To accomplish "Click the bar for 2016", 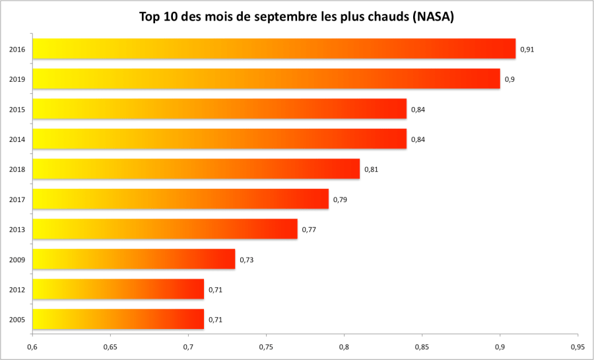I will click(x=274, y=49).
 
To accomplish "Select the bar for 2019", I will click(x=266, y=79).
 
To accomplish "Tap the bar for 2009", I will click(x=133, y=259).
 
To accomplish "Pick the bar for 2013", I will click(x=165, y=229).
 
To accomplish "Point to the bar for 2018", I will click(x=196, y=169).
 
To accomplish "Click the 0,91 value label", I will click(x=527, y=50).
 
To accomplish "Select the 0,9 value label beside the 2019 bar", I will click(x=510, y=79).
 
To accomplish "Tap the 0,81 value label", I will click(x=371, y=170).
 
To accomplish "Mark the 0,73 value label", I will click(x=246, y=260).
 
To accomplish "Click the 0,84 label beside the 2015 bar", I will click(x=418, y=110).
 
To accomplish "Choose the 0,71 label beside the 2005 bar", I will click(x=215, y=320).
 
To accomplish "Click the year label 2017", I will click(x=17, y=199).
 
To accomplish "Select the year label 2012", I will click(x=17, y=289).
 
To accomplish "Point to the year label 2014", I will click(x=17, y=139).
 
